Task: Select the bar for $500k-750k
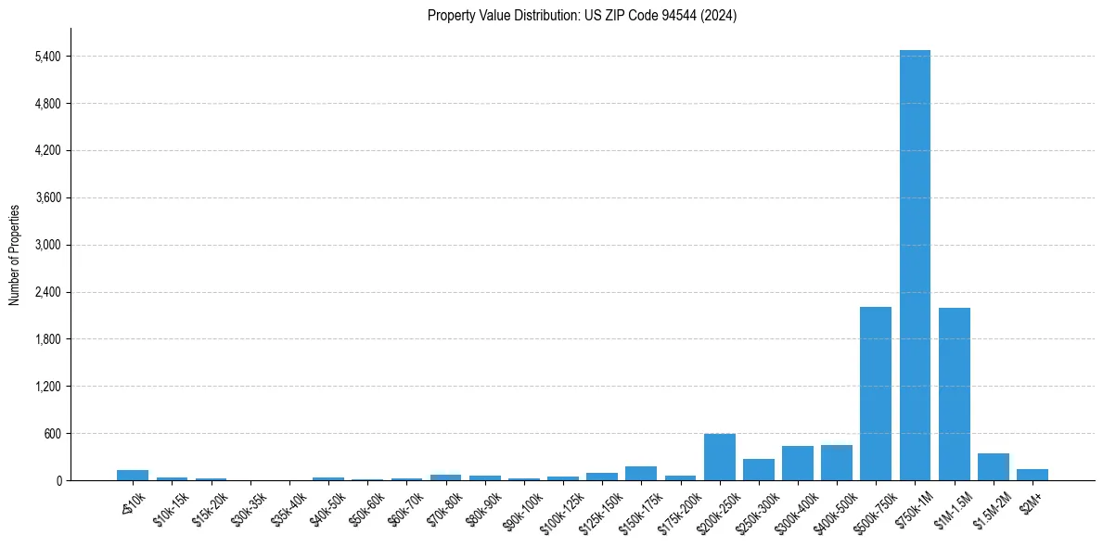[875, 394]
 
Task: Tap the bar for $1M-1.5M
[954, 394]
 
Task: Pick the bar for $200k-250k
[719, 457]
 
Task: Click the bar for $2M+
[1032, 475]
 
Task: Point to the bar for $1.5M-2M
[993, 467]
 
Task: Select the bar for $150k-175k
[641, 473]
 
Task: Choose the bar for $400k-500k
[836, 463]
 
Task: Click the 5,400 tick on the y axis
[46, 57]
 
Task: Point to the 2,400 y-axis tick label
[46, 292]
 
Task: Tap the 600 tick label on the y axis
[52, 434]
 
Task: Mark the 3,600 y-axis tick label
[46, 197]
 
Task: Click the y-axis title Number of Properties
[14, 254]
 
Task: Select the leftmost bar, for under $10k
[133, 475]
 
